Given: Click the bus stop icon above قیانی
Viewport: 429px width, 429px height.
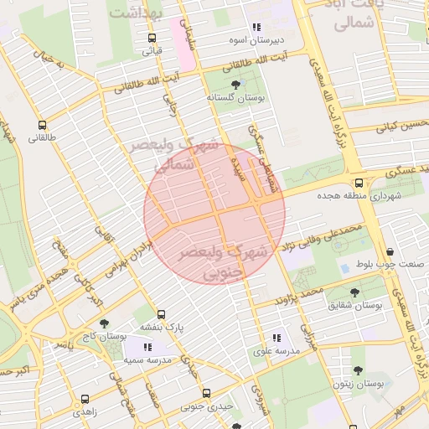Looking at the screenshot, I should (152, 38).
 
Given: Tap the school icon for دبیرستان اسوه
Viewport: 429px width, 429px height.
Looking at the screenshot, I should (256, 28).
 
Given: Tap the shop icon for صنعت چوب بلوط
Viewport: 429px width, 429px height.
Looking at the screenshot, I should (390, 251).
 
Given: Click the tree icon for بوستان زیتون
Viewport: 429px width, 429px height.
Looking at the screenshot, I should (358, 370).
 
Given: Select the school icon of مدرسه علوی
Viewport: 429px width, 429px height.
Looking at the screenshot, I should (277, 338).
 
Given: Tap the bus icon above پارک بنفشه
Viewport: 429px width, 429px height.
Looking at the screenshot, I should (161, 313).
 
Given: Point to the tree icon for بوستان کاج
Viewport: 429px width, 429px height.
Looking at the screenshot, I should (104, 323).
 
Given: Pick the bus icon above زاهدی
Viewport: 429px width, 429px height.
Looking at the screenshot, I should (83, 399).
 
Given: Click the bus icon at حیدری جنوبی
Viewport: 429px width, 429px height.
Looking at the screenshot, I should (206, 393).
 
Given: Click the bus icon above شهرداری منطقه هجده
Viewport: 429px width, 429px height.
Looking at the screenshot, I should (359, 182).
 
